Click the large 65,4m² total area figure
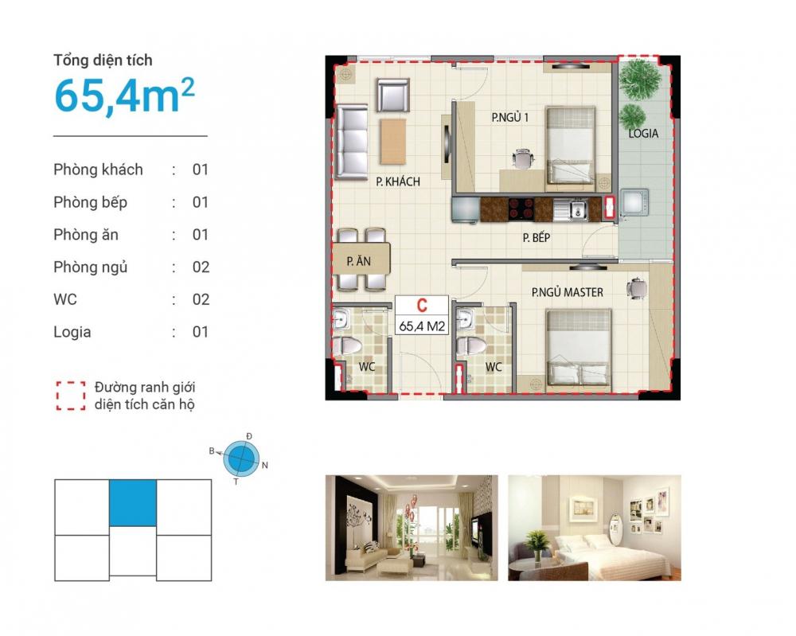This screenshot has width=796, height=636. point(124,96)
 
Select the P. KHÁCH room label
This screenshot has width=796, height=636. point(398,181)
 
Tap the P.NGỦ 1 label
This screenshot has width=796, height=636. point(509,117)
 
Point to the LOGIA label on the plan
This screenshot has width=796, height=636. point(643,134)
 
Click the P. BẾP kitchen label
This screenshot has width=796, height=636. point(537,237)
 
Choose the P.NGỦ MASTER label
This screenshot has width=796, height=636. point(567,292)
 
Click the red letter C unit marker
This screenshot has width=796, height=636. point(422,306)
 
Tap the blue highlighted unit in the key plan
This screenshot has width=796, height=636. point(133,502)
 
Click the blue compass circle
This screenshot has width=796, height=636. point(242,458)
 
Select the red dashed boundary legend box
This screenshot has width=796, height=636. point(71,396)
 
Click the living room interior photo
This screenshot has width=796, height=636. point(412,528)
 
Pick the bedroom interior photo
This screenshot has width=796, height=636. point(595,528)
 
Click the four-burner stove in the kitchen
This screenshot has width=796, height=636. point(521,209)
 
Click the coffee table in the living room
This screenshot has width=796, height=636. point(393,141)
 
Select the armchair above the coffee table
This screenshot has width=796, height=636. point(393,95)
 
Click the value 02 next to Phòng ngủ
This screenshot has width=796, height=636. point(201,267)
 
